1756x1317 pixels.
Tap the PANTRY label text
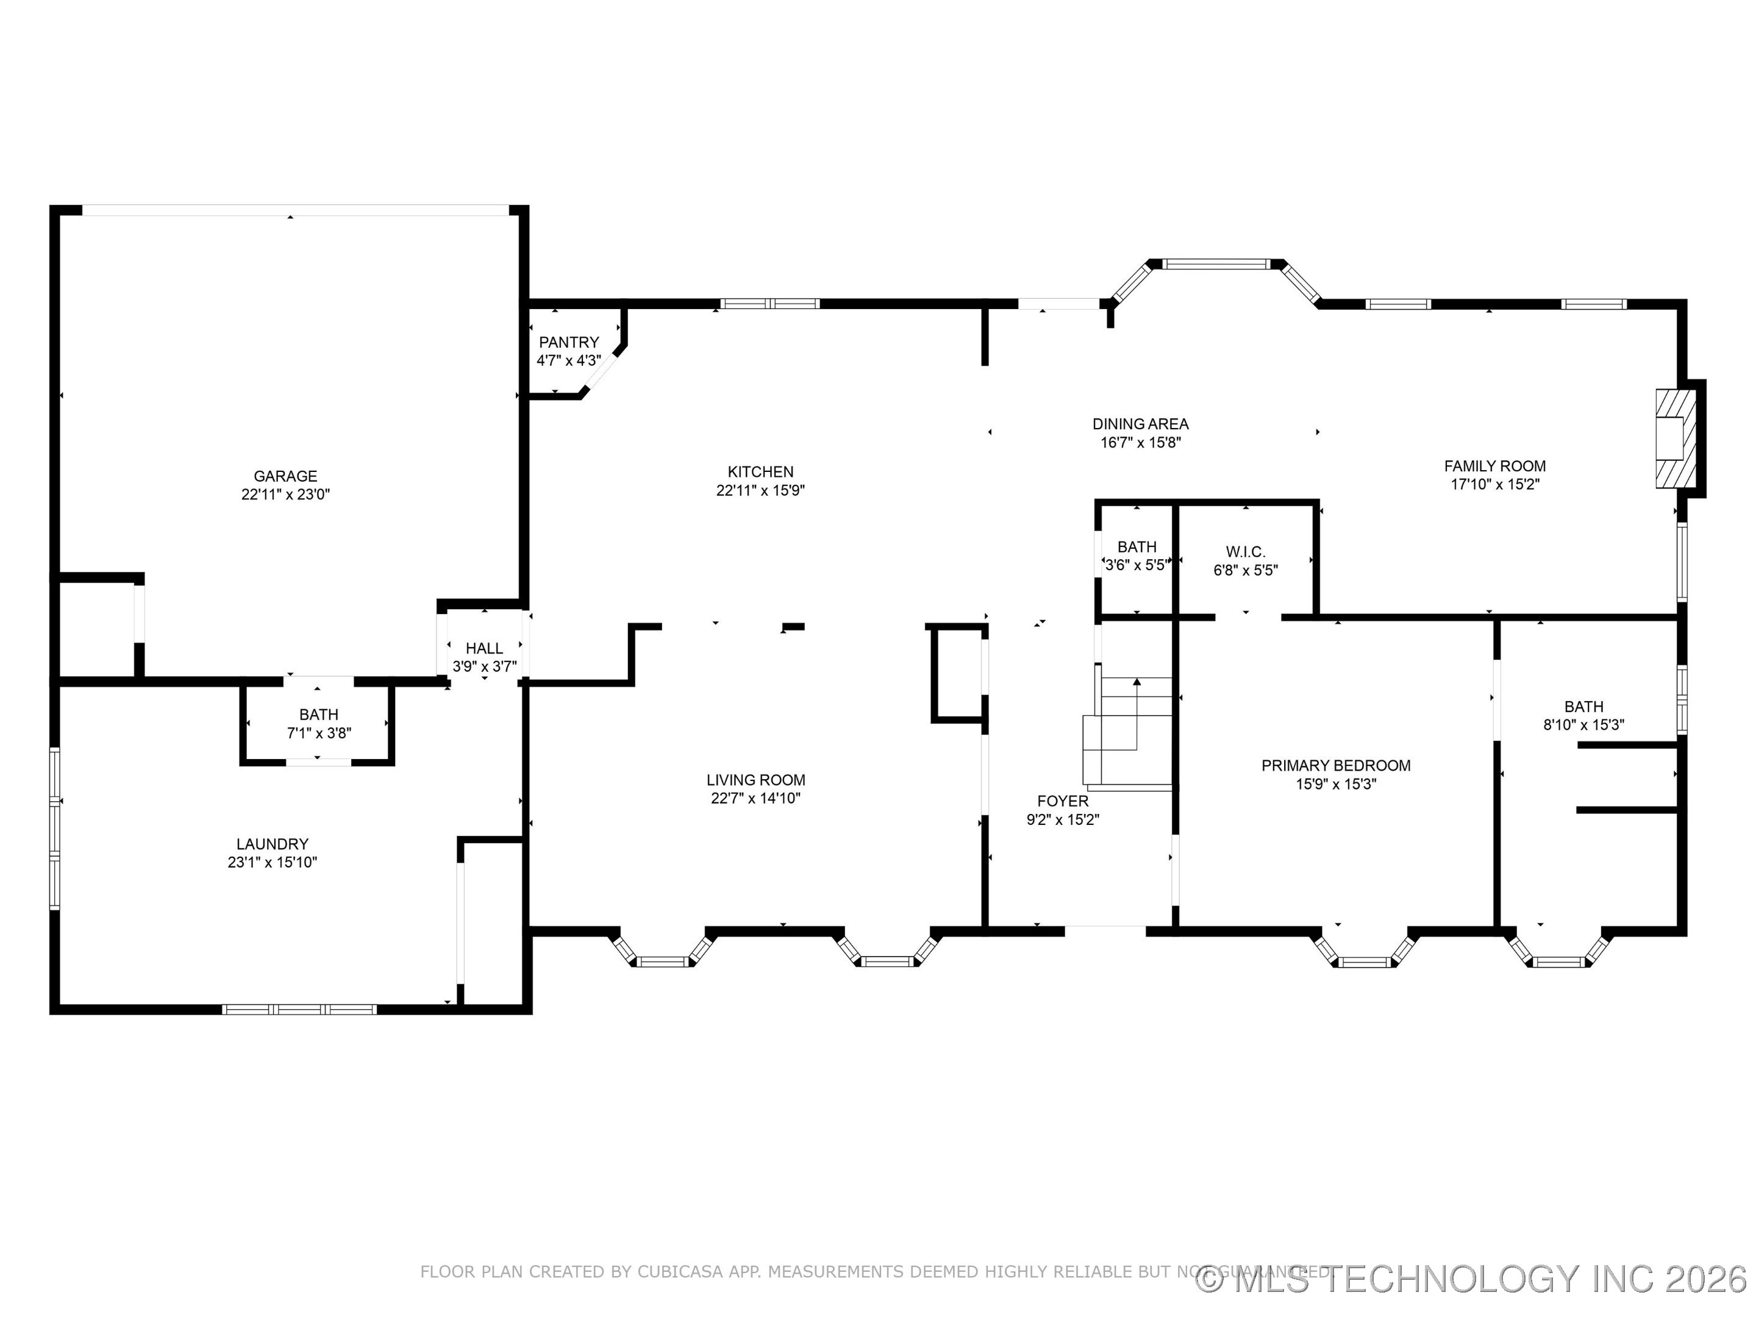pyautogui.click(x=568, y=342)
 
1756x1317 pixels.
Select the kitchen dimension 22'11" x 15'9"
pyautogui.click(x=760, y=491)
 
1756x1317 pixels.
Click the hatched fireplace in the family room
pyautogui.click(x=1676, y=438)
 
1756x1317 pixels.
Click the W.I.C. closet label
pyautogui.click(x=1245, y=552)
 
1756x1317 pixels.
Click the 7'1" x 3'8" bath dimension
pyautogui.click(x=318, y=733)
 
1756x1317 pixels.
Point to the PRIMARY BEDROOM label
pyautogui.click(x=1335, y=765)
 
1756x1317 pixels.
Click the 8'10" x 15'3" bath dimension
pyautogui.click(x=1583, y=725)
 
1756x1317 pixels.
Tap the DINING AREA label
pyautogui.click(x=1140, y=424)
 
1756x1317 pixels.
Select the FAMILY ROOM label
pyautogui.click(x=1494, y=466)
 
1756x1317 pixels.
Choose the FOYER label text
pyautogui.click(x=1062, y=801)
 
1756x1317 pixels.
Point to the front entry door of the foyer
pyautogui.click(x=1104, y=930)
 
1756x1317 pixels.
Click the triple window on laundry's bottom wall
pyautogui.click(x=299, y=1010)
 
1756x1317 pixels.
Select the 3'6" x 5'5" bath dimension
pyautogui.click(x=1136, y=565)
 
